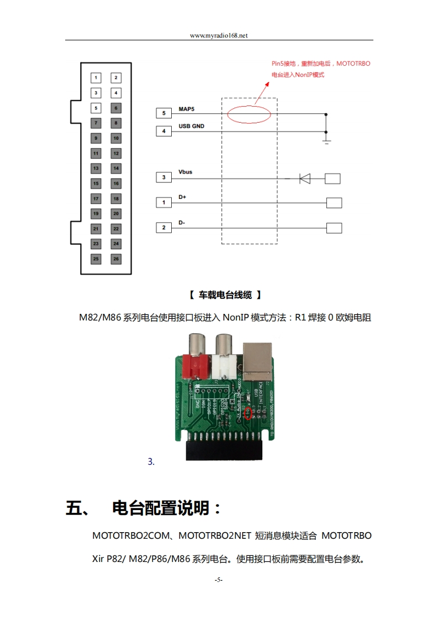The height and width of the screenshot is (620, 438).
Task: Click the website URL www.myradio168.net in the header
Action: click(219, 35)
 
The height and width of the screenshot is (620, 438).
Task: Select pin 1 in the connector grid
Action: click(96, 78)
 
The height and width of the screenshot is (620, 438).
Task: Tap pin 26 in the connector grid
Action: click(116, 259)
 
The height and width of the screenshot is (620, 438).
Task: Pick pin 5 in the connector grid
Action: click(96, 108)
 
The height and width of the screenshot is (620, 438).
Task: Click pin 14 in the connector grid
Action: click(116, 168)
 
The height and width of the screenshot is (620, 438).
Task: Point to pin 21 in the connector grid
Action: click(96, 228)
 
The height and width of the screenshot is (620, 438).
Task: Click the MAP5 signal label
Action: click(187, 109)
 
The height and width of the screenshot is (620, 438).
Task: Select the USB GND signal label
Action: click(191, 127)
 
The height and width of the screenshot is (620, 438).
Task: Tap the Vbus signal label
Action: click(186, 172)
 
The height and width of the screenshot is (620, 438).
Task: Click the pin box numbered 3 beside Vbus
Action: click(163, 177)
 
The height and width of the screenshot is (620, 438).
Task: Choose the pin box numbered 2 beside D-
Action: click(163, 228)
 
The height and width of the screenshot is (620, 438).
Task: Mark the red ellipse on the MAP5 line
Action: click(249, 114)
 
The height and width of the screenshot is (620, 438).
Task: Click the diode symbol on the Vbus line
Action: click(304, 178)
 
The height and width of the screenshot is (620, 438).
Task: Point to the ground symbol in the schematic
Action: click(326, 141)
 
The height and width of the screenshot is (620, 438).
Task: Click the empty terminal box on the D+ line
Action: click(334, 203)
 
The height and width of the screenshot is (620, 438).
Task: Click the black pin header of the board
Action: click(224, 448)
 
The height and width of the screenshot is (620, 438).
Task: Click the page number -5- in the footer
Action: click(219, 580)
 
